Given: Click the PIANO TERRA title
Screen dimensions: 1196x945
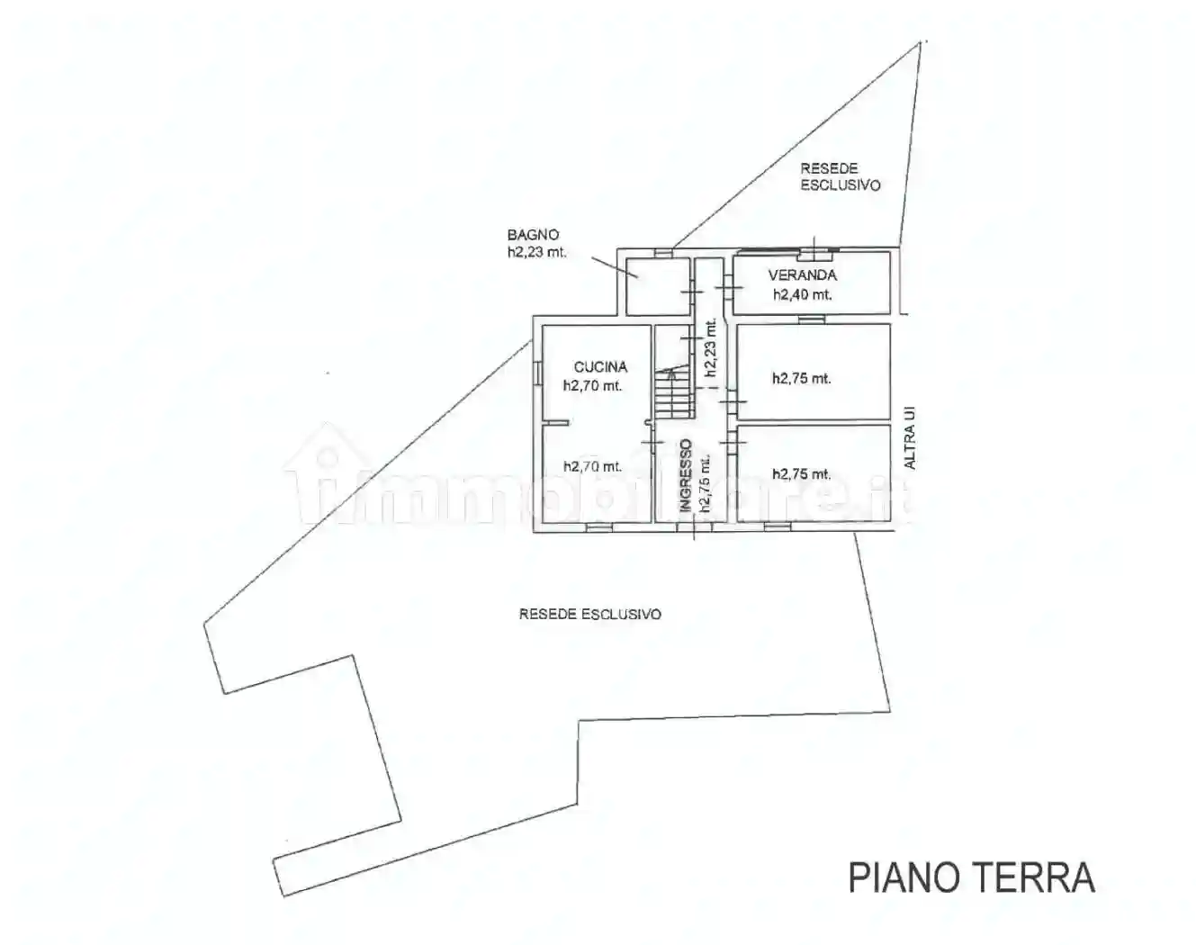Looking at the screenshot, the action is (x=972, y=894).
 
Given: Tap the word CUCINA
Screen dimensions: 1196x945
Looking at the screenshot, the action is (x=600, y=367).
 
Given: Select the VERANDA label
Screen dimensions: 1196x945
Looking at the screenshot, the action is (x=803, y=274).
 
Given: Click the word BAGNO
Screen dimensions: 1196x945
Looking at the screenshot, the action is (x=533, y=235).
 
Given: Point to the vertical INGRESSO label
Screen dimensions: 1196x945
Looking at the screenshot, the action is (x=685, y=474).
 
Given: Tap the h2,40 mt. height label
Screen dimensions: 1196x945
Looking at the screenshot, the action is (x=803, y=294).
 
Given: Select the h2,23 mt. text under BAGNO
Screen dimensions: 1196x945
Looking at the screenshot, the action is (x=537, y=252).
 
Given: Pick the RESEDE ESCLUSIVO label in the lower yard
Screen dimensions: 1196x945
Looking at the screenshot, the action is (x=590, y=614).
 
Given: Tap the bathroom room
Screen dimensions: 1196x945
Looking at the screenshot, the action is (x=658, y=285).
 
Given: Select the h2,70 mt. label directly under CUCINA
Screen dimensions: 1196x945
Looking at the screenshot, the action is (x=592, y=386).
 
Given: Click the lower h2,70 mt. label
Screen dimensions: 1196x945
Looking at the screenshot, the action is (x=592, y=466).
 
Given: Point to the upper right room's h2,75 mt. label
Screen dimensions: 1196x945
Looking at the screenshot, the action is (x=802, y=379).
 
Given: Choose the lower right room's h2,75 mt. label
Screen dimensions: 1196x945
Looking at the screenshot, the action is (x=802, y=473).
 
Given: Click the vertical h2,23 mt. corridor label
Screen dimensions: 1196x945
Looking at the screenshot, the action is (x=710, y=348).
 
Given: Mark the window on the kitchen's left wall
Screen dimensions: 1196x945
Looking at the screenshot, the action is (x=538, y=373).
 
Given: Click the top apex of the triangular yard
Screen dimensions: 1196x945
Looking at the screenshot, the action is (x=920, y=43).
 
